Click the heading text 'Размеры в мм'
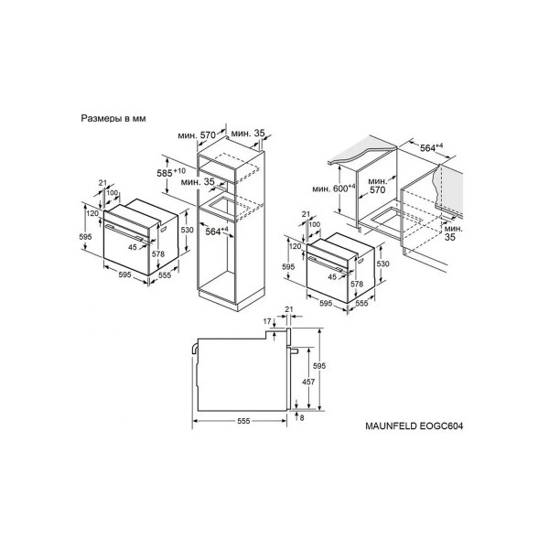click(113, 118)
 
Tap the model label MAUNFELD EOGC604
click(414, 425)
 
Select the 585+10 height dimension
click(171, 172)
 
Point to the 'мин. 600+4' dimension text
click(334, 188)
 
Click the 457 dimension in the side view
click(308, 382)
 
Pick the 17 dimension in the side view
click(267, 321)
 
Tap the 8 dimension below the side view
click(302, 418)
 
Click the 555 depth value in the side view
click(243, 421)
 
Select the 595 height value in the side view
click(319, 366)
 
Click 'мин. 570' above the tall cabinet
click(197, 135)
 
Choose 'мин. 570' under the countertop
click(377, 186)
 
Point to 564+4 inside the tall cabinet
click(217, 231)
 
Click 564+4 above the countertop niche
click(431, 147)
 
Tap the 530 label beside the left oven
click(187, 230)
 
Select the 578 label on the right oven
click(357, 284)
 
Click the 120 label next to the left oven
click(92, 213)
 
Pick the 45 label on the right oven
click(332, 277)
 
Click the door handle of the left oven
click(127, 232)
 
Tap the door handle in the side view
click(294, 350)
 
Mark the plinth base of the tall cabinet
click(231, 297)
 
